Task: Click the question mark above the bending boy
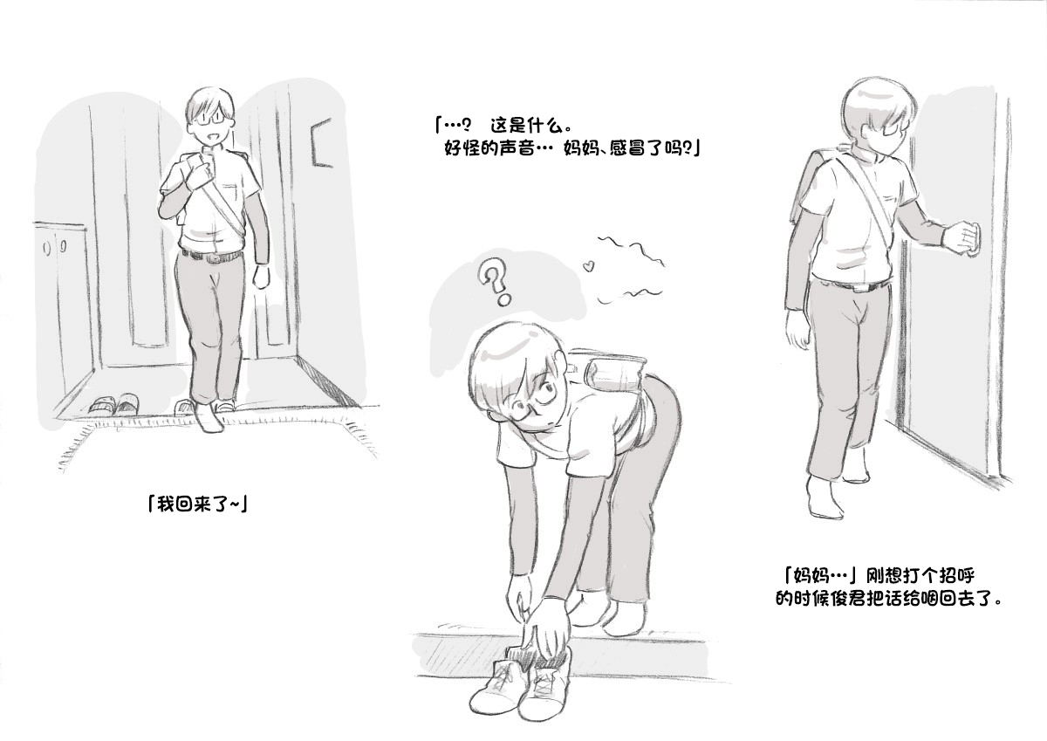tap(495, 284)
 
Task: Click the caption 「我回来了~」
tap(197, 504)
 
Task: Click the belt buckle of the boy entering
tap(214, 258)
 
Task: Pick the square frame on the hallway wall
tap(323, 141)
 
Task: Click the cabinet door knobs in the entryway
tap(55, 246)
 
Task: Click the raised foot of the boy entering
tap(208, 417)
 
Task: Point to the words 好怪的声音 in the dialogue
tap(489, 148)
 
